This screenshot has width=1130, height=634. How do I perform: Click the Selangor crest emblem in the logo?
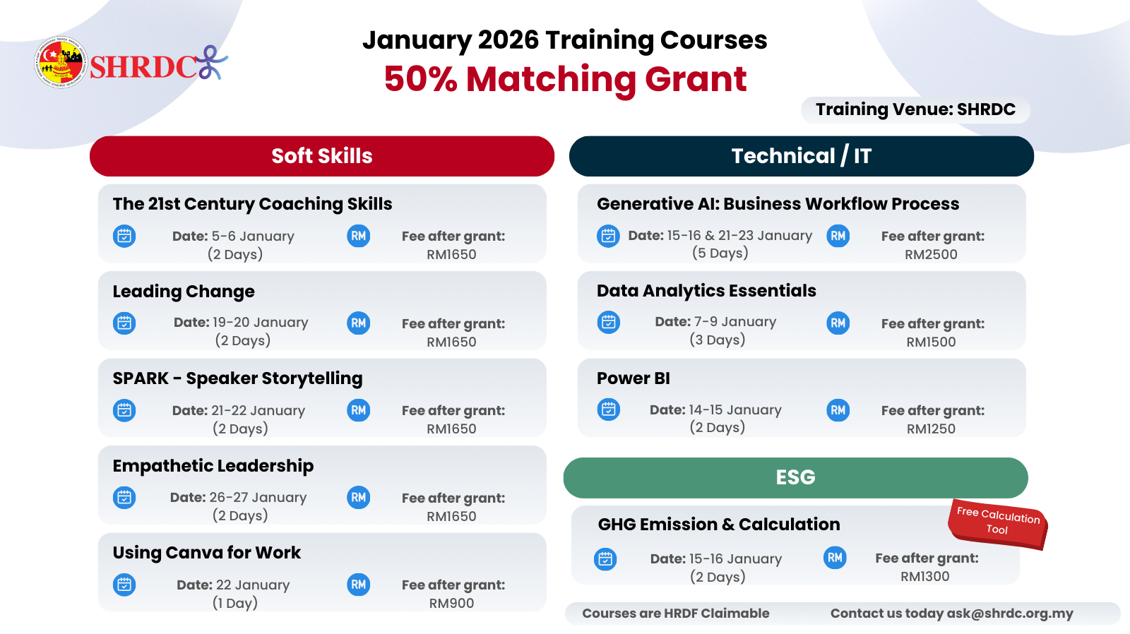point(61,63)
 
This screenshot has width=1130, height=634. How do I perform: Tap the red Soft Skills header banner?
point(322,156)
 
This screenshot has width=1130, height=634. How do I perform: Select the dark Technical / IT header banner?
point(801,156)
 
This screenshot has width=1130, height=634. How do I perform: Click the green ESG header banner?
point(795,477)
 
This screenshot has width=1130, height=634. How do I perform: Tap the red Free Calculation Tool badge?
point(998,523)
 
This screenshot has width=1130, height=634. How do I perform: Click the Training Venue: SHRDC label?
point(915,109)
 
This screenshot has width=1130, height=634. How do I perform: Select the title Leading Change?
point(184,292)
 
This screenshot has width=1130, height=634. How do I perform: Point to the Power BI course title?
point(634,378)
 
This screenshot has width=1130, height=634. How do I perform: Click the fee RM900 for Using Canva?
point(451,603)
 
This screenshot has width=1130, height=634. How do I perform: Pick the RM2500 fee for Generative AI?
point(931,254)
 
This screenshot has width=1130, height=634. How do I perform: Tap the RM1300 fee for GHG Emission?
point(925,576)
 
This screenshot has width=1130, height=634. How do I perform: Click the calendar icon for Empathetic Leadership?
point(124,498)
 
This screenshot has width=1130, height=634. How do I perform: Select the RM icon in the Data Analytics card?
point(838,323)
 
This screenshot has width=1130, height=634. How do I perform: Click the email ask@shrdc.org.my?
point(1010,614)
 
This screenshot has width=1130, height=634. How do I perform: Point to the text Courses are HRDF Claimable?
point(676,614)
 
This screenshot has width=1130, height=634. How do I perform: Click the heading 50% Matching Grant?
point(565,79)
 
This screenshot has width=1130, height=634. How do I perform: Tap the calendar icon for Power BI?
point(608,409)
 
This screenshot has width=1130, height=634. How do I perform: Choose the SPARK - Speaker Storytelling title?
point(237,379)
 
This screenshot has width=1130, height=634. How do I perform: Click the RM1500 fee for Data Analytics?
point(931,342)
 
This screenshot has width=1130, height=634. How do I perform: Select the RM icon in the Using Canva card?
point(359,585)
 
